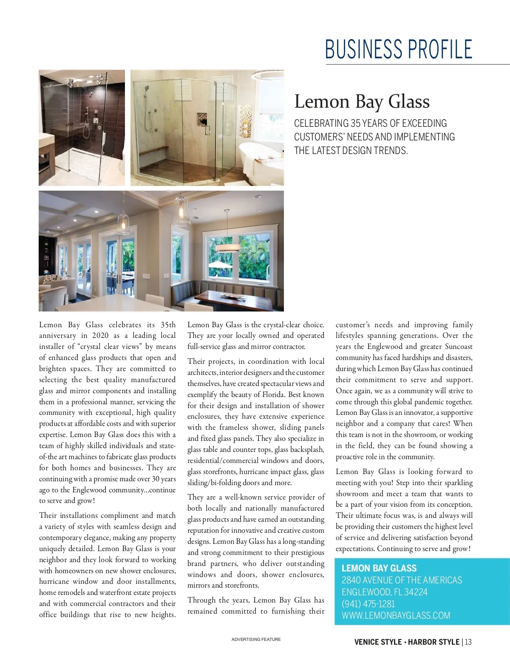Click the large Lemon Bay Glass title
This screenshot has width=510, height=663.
[362, 102]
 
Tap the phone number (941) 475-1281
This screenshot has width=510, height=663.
[368, 604]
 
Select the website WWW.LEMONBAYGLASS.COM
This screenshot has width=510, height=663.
[396, 616]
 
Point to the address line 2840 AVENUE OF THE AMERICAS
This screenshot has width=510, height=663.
[401, 580]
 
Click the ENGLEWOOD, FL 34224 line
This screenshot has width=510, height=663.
[384, 592]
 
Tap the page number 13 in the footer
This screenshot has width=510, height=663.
[468, 642]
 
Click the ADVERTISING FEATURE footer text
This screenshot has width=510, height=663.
[256, 639]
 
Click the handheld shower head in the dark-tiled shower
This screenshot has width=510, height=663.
[87, 117]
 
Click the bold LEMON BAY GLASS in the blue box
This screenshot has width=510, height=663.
[379, 568]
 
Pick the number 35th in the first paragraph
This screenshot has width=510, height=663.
[168, 325]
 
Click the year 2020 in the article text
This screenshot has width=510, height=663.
[100, 336]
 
